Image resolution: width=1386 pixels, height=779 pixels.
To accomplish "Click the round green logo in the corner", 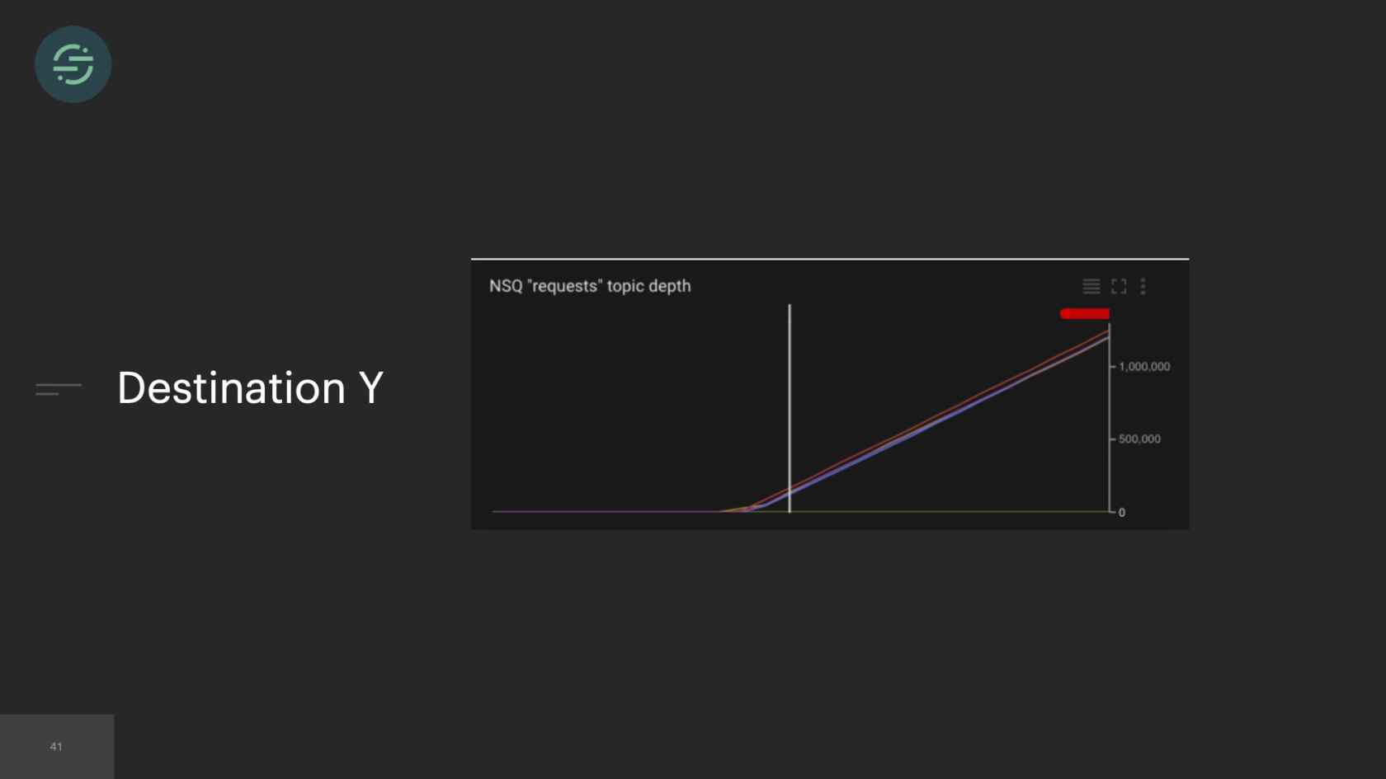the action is [x=73, y=64].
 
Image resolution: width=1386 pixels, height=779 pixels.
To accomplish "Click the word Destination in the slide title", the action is [x=231, y=388].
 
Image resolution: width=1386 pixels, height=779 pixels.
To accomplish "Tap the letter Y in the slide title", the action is [x=371, y=388].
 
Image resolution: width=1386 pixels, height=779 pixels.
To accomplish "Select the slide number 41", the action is [x=56, y=746].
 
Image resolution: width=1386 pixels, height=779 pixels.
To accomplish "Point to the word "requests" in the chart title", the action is [x=564, y=286].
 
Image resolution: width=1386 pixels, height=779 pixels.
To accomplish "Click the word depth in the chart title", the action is [x=671, y=287].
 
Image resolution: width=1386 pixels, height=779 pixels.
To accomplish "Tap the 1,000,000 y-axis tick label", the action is [x=1144, y=367].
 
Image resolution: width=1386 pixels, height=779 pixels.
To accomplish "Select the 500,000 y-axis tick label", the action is [x=1139, y=439].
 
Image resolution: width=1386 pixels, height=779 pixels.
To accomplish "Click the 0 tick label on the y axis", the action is [x=1122, y=513].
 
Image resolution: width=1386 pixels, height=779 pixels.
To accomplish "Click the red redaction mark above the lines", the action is [x=1085, y=314].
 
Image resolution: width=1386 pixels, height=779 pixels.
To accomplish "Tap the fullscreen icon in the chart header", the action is [x=1119, y=286].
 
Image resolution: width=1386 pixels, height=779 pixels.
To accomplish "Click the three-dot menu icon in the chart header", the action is [x=1143, y=286].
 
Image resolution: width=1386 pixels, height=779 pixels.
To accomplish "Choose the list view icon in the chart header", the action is [x=1091, y=286].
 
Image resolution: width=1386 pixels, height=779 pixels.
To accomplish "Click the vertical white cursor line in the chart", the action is [x=790, y=408].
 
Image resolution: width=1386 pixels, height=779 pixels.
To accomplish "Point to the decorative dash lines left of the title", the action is [x=58, y=389].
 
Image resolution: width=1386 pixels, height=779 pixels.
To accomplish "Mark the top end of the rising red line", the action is [x=1109, y=331].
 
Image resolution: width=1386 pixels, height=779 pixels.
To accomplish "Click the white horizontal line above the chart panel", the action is [x=830, y=259].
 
